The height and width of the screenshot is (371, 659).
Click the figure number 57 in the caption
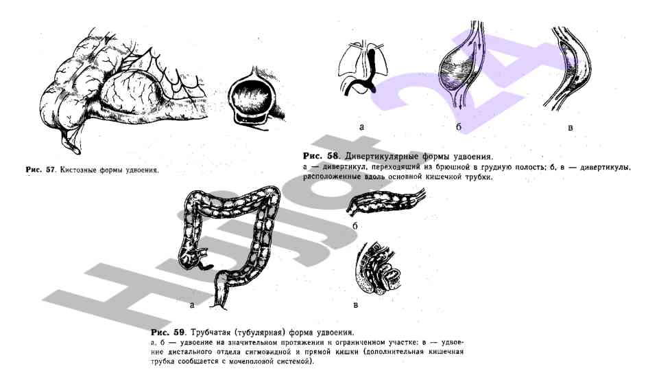[x=51, y=170]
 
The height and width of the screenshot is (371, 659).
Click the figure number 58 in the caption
[x=333, y=156]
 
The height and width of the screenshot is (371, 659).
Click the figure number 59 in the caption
[x=180, y=333]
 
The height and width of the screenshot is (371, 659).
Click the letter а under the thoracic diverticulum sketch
[x=362, y=126]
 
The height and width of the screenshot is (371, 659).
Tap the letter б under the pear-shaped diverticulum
[x=459, y=126]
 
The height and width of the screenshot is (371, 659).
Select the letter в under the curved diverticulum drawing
[x=571, y=127]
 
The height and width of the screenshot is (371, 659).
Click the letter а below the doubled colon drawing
[x=192, y=305]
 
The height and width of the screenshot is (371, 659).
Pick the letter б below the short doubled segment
[x=355, y=226]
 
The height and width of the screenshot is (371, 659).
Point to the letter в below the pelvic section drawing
[x=355, y=305]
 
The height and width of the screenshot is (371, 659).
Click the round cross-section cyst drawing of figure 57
[x=251, y=98]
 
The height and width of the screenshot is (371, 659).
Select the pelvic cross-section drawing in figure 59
[x=377, y=268]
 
